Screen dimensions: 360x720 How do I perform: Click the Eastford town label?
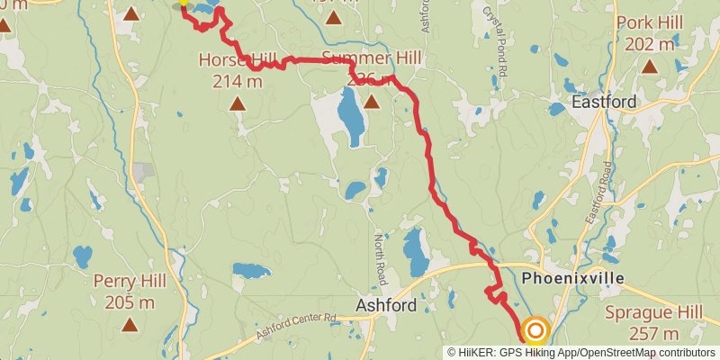pos(604,103)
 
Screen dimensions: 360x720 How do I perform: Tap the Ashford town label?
pos(386,305)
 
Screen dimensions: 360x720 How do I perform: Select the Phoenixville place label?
pos(572,278)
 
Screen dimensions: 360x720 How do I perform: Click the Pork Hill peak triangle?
pos(649,67)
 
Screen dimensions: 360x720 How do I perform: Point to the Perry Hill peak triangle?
pos(130,324)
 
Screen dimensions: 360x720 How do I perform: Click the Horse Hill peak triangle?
pos(237,104)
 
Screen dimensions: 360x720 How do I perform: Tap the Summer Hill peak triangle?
pos(371,101)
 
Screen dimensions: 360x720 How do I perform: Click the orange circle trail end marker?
pos(535,331)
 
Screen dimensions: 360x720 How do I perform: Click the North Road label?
pos(380,255)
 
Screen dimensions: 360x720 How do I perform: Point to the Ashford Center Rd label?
pos(295,325)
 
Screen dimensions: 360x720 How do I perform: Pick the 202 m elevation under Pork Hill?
pos(649,43)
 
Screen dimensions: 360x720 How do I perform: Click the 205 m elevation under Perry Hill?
pos(130,301)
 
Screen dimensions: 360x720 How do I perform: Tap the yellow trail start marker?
pos(184,3)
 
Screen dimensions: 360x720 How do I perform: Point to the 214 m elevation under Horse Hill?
pos(237,82)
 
